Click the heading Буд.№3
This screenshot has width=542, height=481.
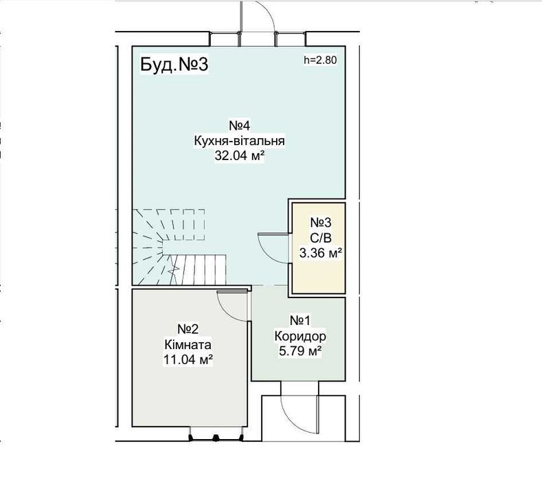click(x=174, y=65)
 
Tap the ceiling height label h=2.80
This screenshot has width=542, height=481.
click(x=320, y=60)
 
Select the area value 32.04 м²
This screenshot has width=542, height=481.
click(x=240, y=156)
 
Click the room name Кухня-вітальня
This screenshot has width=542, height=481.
click(x=240, y=141)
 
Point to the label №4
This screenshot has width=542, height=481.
click(x=240, y=126)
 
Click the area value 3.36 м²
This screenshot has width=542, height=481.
click(x=320, y=253)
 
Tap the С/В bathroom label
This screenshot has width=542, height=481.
click(x=320, y=238)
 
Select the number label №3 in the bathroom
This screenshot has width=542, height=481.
click(x=320, y=223)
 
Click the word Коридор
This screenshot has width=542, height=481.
click(x=300, y=336)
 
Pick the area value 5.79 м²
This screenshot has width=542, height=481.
click(x=300, y=351)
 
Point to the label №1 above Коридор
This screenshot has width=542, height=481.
click(x=300, y=320)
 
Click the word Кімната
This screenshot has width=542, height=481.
click(x=188, y=345)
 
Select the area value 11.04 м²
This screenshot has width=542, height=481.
click(x=188, y=360)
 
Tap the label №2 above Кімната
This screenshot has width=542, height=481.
click(x=188, y=329)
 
